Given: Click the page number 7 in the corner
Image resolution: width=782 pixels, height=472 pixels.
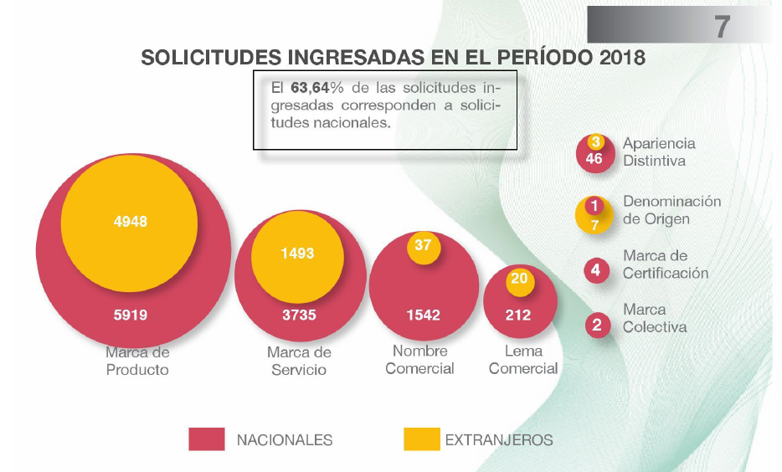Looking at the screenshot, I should click(x=722, y=26).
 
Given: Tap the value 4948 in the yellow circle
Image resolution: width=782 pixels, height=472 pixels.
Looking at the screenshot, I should click(x=130, y=222).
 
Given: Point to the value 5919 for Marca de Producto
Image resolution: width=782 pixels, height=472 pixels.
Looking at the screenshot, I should click(x=130, y=316).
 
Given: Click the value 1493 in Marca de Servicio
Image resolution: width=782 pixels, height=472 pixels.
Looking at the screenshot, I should click(x=297, y=253).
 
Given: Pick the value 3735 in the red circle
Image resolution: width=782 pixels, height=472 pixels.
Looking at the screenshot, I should click(x=297, y=316).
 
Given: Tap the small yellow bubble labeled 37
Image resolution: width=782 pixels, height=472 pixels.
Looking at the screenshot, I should click(x=423, y=245).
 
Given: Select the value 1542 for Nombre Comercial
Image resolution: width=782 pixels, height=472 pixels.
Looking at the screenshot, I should click(x=423, y=316).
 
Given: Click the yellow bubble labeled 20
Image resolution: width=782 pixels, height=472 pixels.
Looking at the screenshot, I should click(x=519, y=279).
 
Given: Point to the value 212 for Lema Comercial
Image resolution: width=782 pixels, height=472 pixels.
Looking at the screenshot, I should click(x=518, y=316).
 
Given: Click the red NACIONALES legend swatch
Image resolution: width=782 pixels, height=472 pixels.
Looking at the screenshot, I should click(x=206, y=439).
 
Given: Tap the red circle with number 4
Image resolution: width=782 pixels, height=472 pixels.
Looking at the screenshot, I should click(x=595, y=270).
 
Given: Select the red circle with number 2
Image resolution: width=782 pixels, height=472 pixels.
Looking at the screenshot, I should click(x=596, y=325).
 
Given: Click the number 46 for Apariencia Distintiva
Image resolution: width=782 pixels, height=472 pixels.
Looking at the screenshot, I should click(x=594, y=159).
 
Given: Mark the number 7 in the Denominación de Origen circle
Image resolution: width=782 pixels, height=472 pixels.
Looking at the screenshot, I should click(x=594, y=224).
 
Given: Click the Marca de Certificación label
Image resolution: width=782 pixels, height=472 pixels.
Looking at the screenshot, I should click(x=665, y=264).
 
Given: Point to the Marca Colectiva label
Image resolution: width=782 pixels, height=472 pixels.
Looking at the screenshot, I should click(x=655, y=318).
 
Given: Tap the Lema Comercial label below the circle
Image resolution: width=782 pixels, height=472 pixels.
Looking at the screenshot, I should click(x=523, y=360).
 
